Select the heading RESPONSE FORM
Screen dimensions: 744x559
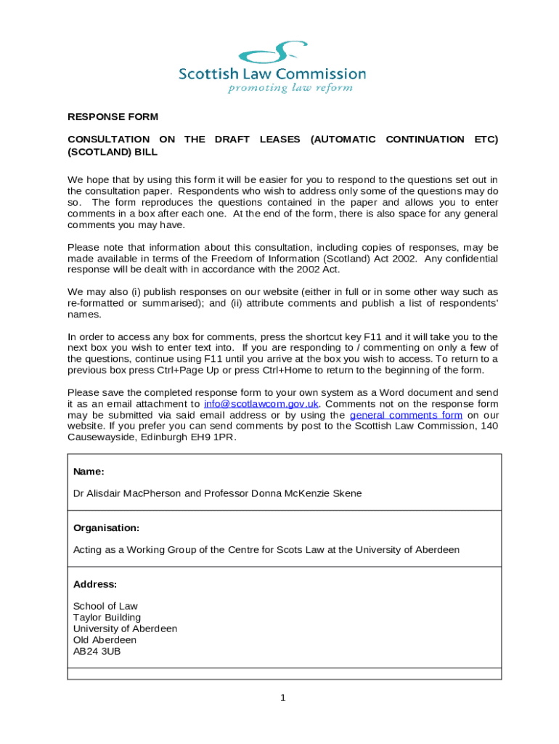pyautogui.click(x=113, y=117)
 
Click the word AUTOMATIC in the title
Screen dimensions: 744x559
pyautogui.click(x=343, y=139)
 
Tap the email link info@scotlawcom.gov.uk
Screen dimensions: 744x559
pyautogui.click(x=261, y=404)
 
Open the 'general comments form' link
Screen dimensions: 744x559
pyautogui.click(x=406, y=415)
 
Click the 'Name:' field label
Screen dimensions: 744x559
pyautogui.click(x=89, y=472)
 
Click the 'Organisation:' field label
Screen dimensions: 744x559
pyautogui.click(x=106, y=527)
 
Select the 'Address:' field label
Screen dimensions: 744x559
pyautogui.click(x=95, y=584)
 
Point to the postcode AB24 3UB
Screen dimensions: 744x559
pyautogui.click(x=97, y=651)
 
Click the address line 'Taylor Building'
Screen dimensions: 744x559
pyautogui.click(x=107, y=618)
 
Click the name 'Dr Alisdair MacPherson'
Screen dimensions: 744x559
pyautogui.click(x=127, y=493)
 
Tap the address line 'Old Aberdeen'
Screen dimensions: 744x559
pyautogui.click(x=105, y=640)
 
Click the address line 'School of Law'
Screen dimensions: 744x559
pyautogui.click(x=105, y=606)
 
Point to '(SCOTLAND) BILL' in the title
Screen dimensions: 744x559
pyautogui.click(x=113, y=153)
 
